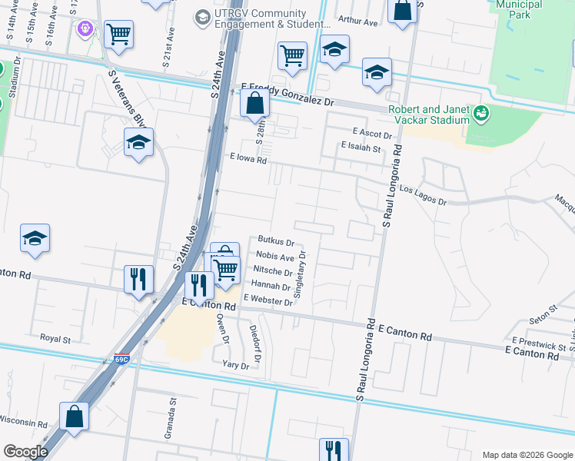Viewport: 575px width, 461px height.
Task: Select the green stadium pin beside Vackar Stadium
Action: pyautogui.click(x=482, y=114)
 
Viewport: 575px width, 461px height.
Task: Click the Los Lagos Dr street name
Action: pyautogui.click(x=423, y=195)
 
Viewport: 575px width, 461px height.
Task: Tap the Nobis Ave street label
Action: pyautogui.click(x=275, y=257)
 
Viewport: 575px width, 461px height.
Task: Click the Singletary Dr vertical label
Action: pyautogui.click(x=302, y=274)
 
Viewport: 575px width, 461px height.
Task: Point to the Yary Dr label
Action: pyautogui.click(x=235, y=365)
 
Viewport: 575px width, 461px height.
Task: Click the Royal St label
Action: pyautogui.click(x=55, y=337)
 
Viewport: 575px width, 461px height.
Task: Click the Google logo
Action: pyautogui.click(x=25, y=452)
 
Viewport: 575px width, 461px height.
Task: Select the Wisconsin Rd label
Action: pyautogui.click(x=23, y=423)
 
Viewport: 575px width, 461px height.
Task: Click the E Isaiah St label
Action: pyautogui.click(x=361, y=147)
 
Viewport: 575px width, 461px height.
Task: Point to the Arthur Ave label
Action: pyautogui.click(x=357, y=22)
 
